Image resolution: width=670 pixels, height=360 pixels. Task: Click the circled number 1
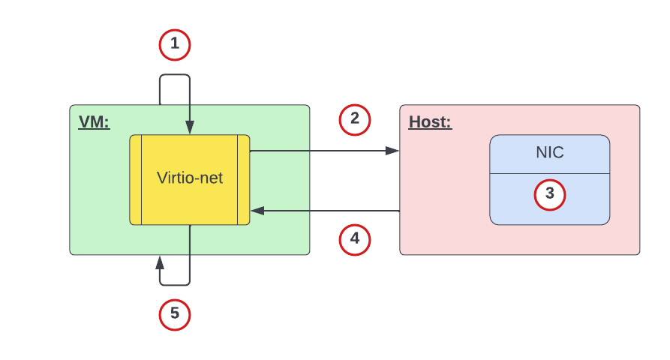[x=175, y=45]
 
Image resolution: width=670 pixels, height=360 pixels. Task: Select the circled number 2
[x=355, y=119]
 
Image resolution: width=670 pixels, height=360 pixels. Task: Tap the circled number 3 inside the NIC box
[x=549, y=194]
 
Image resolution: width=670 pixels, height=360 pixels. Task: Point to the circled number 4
[x=355, y=240]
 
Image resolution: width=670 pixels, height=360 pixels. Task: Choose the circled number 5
[x=175, y=314]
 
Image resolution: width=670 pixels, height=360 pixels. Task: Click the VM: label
[x=94, y=121]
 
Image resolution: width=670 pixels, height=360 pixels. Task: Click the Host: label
[x=430, y=121]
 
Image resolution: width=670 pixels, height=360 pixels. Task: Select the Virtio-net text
[x=190, y=178]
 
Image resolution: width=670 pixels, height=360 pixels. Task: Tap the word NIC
[x=549, y=153]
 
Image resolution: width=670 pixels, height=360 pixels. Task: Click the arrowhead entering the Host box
[x=393, y=150]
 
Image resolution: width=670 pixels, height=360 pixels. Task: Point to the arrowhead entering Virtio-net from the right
[x=256, y=211]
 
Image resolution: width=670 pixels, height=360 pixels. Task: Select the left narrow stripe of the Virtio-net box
[x=136, y=180]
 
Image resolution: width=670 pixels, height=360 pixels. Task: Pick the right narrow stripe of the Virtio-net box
[x=243, y=180]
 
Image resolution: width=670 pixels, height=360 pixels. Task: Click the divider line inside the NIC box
[x=549, y=173]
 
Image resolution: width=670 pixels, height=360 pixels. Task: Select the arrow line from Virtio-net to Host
[x=323, y=150]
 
